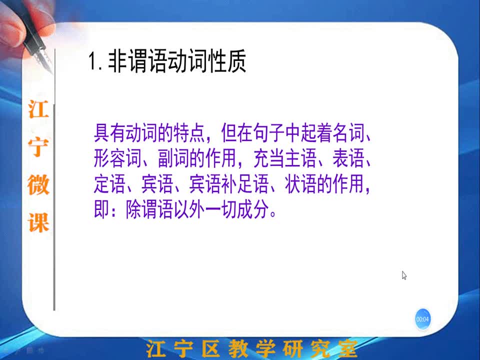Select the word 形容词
[x=117, y=158]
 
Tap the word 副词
[x=173, y=158]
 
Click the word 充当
[x=269, y=158]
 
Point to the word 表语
[x=348, y=158]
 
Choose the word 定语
[x=109, y=184]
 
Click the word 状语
[x=300, y=184]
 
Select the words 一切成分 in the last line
[x=237, y=209]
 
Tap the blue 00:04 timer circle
[x=422, y=319]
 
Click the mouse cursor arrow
[x=404, y=275]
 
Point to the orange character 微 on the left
[x=38, y=185]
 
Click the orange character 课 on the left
[x=38, y=222]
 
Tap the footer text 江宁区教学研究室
[x=251, y=348]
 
